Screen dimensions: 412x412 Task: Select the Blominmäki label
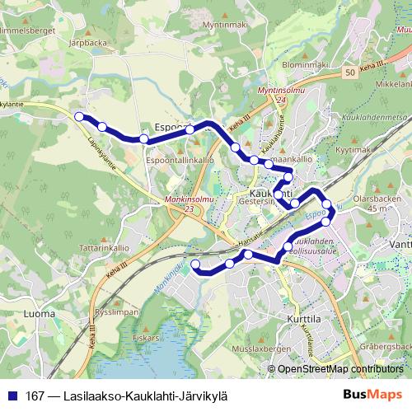pos(306,64)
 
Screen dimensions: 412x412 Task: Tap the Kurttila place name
pos(286,318)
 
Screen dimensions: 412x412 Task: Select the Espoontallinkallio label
pos(180,160)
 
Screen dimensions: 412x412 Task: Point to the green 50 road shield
pos(351,73)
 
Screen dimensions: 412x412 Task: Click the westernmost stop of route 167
pos(79,117)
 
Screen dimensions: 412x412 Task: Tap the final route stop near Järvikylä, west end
pos(196,264)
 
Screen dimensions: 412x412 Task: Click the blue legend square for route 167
pos(12,394)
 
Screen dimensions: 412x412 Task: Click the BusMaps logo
pos(372,394)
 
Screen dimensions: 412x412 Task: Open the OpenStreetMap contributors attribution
pos(335,370)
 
